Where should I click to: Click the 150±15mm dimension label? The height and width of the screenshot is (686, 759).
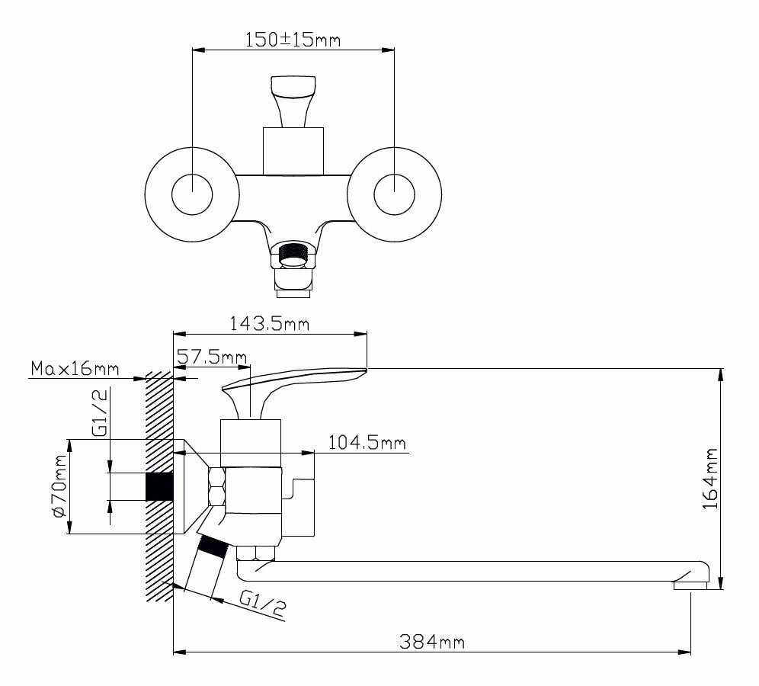click(293, 40)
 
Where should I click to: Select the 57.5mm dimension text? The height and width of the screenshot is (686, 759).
click(211, 357)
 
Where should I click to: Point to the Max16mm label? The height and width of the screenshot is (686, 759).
click(75, 370)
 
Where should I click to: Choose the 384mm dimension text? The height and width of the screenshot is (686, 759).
click(432, 642)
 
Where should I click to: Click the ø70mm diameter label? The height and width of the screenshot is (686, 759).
click(59, 486)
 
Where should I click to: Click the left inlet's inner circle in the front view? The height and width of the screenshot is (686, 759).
click(192, 193)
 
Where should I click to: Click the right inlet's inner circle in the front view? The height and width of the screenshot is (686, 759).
click(395, 193)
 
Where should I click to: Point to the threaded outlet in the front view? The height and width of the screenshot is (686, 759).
click(293, 255)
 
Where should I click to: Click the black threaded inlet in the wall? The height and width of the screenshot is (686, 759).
click(159, 486)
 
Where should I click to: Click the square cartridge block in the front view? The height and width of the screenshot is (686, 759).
click(293, 149)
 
